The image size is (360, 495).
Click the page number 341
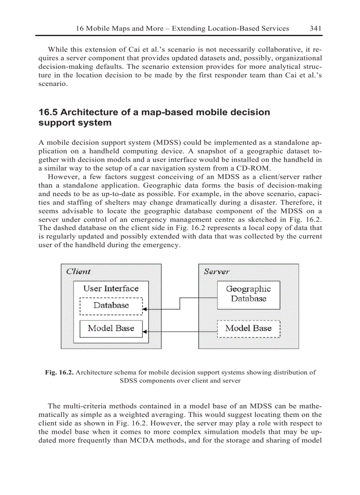[x=315, y=28]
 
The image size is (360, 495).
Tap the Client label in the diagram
[x=79, y=272]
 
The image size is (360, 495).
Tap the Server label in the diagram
[x=216, y=272]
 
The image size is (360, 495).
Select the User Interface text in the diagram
[x=111, y=289]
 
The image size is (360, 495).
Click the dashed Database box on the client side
[x=111, y=306]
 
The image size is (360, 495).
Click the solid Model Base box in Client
[x=111, y=328]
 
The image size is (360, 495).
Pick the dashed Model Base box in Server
[x=249, y=328]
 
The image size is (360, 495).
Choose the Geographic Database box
[x=249, y=294]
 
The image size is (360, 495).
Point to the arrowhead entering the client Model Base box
[x=145, y=331]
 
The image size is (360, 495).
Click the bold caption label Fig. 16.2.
[x=60, y=372]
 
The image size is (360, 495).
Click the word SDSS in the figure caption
[x=130, y=381]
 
